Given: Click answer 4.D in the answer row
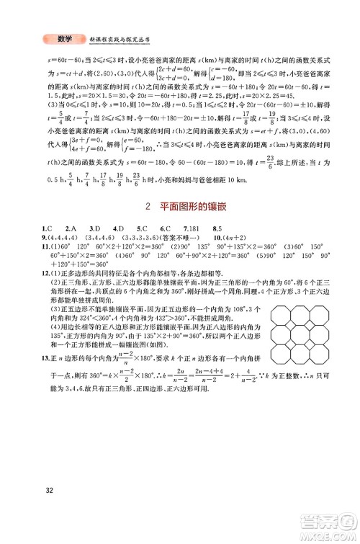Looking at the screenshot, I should click(122, 249).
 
